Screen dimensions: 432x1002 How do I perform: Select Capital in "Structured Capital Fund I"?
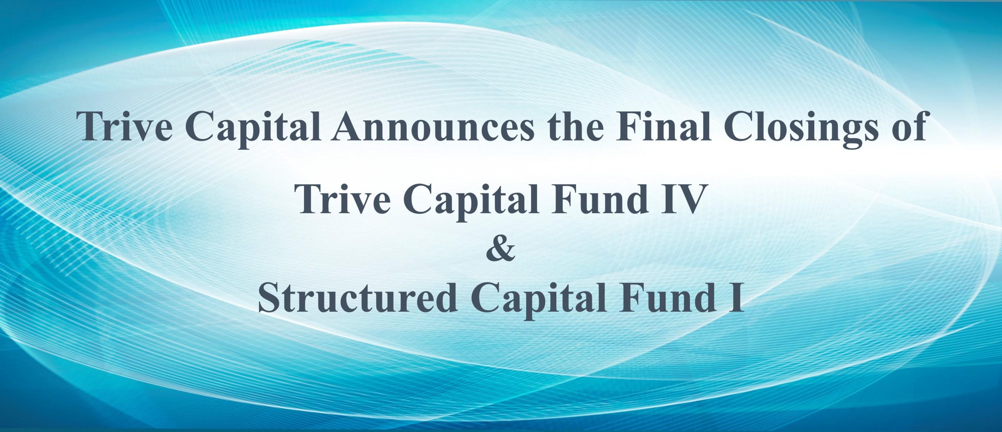pos(539,299)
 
